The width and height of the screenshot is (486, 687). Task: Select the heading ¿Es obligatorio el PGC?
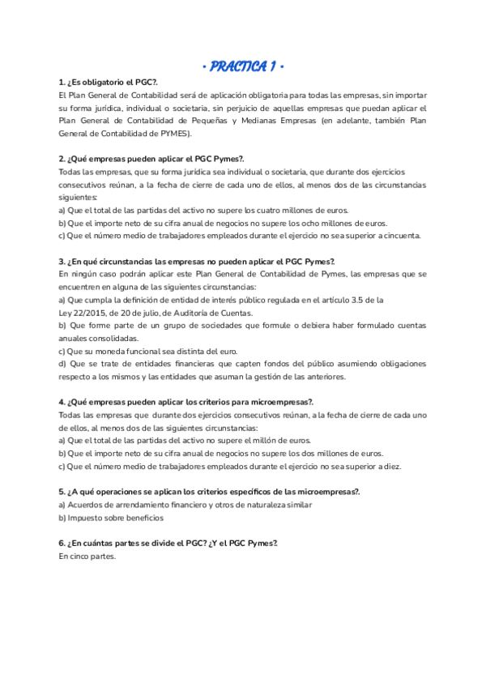[109, 83]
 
